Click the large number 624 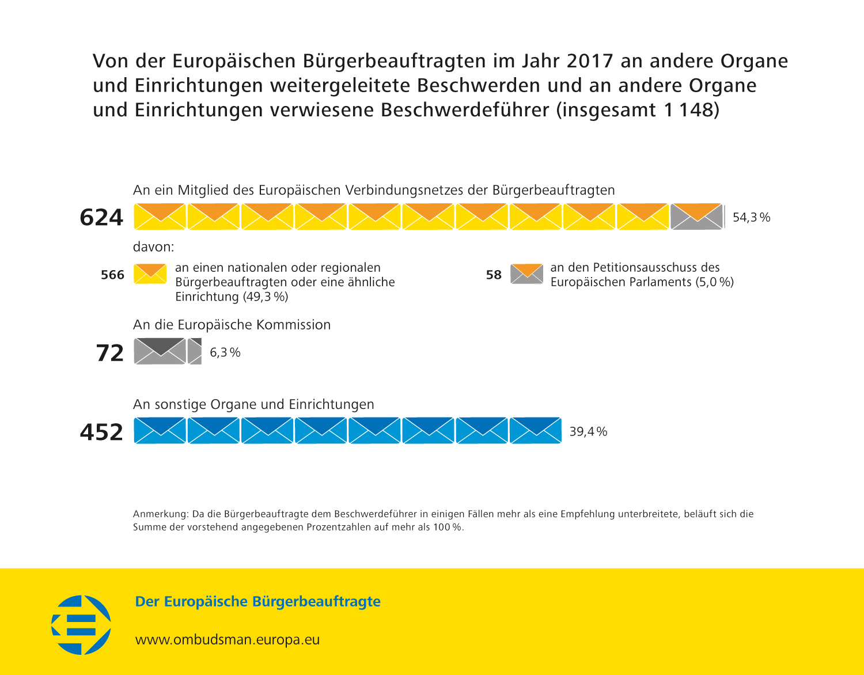tap(101, 218)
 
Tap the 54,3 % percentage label tap(751, 218)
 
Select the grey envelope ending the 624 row tap(696, 217)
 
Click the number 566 tap(112, 275)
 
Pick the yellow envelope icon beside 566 tap(150, 274)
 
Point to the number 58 tap(494, 275)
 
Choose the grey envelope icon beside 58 tap(526, 274)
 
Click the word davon tap(153, 247)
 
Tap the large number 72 tap(109, 353)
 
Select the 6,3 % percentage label tap(225, 352)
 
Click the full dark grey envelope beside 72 tap(160, 351)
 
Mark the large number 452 tap(101, 432)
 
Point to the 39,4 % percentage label tap(588, 432)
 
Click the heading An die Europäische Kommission tap(232, 325)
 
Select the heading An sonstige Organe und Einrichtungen tap(253, 404)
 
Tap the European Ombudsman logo tap(81, 625)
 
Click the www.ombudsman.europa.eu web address tap(228, 640)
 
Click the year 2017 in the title tap(589, 61)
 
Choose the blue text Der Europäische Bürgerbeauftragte tap(257, 602)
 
